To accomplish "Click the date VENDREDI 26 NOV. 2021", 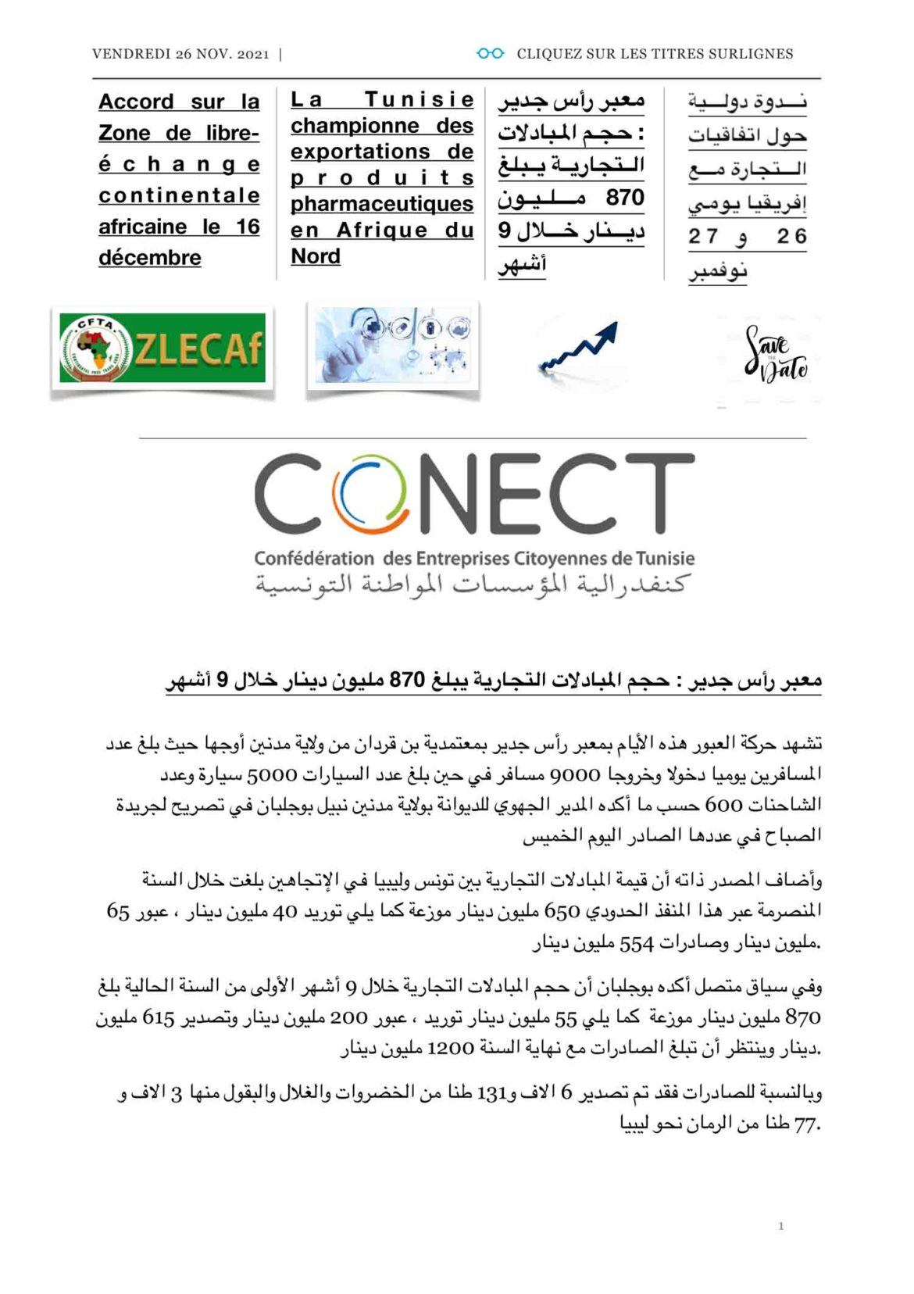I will pyautogui.click(x=180, y=54).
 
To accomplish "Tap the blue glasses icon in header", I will pyautogui.click(x=490, y=53).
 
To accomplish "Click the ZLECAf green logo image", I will pyautogui.click(x=162, y=348).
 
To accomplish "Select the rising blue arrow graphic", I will pyautogui.click(x=578, y=347).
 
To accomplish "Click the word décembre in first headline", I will pyautogui.click(x=150, y=258).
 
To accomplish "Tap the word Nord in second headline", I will pyautogui.click(x=316, y=256).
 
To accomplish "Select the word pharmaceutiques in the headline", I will pyautogui.click(x=382, y=204).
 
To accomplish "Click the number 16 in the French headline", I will pyautogui.click(x=248, y=227).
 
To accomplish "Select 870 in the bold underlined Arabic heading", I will pyautogui.click(x=406, y=681).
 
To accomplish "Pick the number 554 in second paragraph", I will pyautogui.click(x=636, y=944).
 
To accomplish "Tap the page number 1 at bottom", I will pyautogui.click(x=780, y=1226).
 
